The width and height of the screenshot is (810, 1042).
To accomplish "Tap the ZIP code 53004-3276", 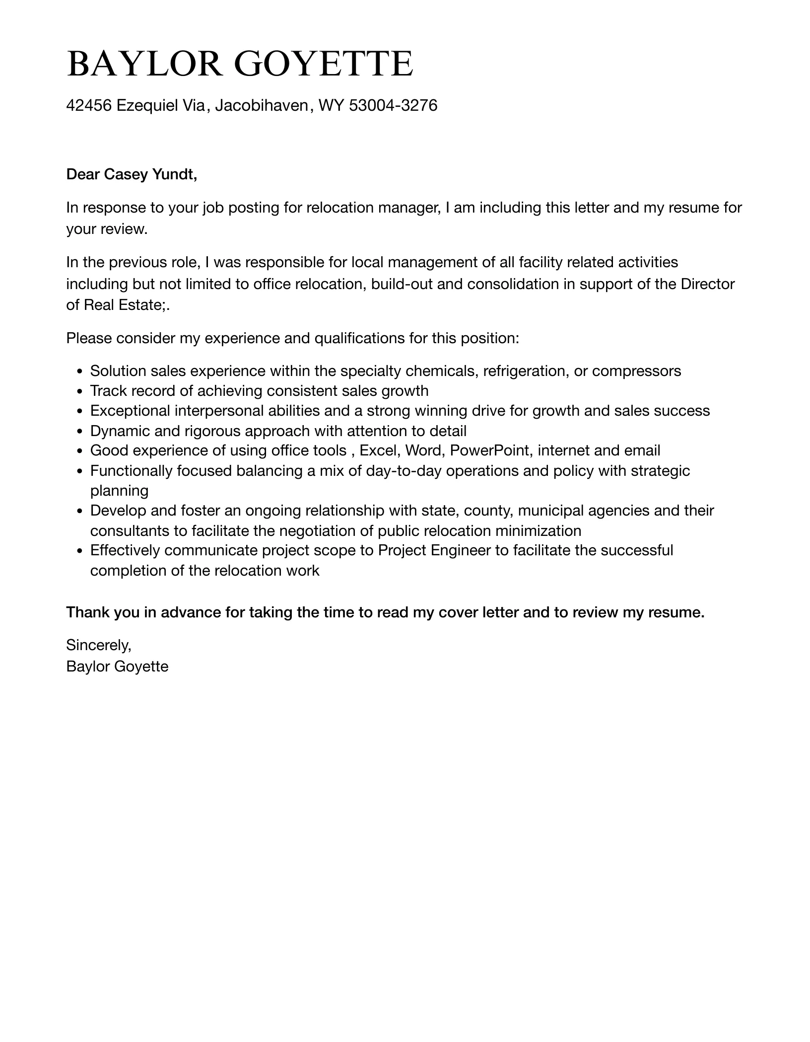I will pos(393,105).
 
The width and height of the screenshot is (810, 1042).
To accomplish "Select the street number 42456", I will pos(89,105).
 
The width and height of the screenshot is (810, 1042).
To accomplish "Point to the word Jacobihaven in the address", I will pos(261,105).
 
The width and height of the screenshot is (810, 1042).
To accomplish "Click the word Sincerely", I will pos(98,645).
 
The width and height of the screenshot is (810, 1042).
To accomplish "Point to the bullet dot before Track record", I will pos(80,392).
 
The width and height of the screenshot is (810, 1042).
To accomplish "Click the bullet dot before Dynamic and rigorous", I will pos(80,432).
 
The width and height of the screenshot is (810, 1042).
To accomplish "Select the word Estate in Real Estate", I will pos(144,305).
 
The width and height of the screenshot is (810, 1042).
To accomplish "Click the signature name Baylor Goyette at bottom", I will pos(117,667).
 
